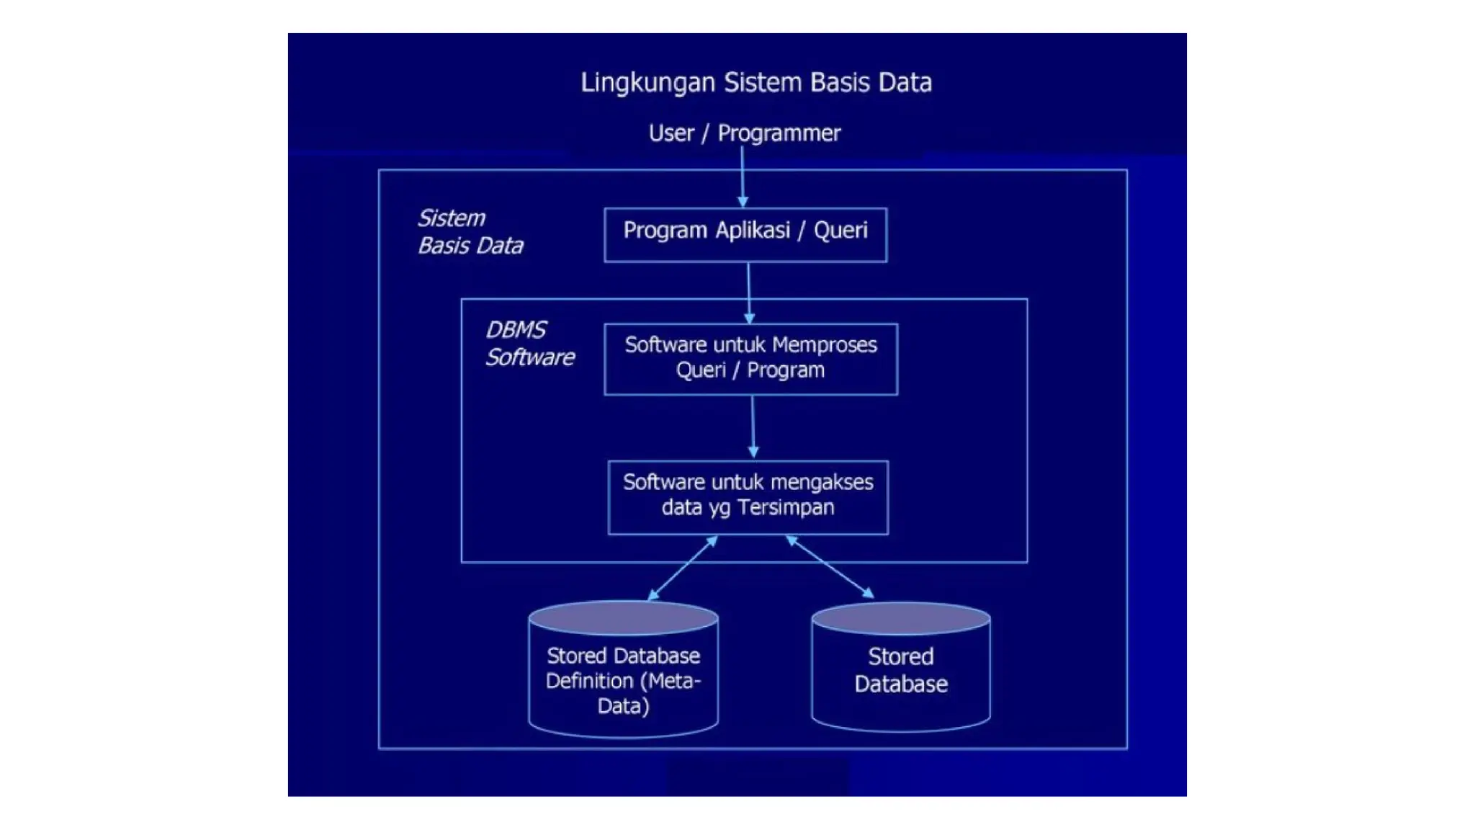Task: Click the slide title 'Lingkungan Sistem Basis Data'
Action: [756, 83]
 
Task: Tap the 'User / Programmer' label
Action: [744, 133]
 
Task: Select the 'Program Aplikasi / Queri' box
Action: [745, 235]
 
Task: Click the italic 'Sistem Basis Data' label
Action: [470, 232]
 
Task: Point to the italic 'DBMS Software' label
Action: [529, 344]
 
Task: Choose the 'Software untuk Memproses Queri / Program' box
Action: [750, 359]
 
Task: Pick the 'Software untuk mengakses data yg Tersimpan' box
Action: [748, 497]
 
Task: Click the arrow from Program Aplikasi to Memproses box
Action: [749, 293]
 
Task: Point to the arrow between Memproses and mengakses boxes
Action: [753, 427]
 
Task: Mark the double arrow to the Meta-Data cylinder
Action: [683, 568]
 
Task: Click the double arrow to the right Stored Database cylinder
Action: [830, 567]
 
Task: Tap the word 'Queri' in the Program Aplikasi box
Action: [840, 231]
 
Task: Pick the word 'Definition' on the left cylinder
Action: [589, 681]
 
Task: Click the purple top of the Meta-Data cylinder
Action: [623, 618]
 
